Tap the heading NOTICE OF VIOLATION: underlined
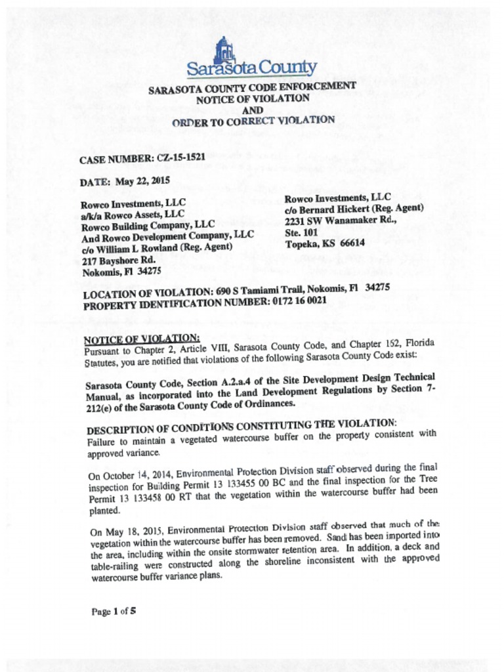coord(141,339)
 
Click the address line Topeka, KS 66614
coord(325,243)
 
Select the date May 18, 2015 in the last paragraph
coord(129,531)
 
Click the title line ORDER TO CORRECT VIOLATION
coord(253,121)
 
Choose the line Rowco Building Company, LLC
coord(148,226)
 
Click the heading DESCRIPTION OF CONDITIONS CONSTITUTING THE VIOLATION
coord(241,427)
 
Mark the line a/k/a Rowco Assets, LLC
coord(132,215)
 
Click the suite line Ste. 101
coord(302,232)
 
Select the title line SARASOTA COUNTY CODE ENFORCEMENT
coord(252,88)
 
